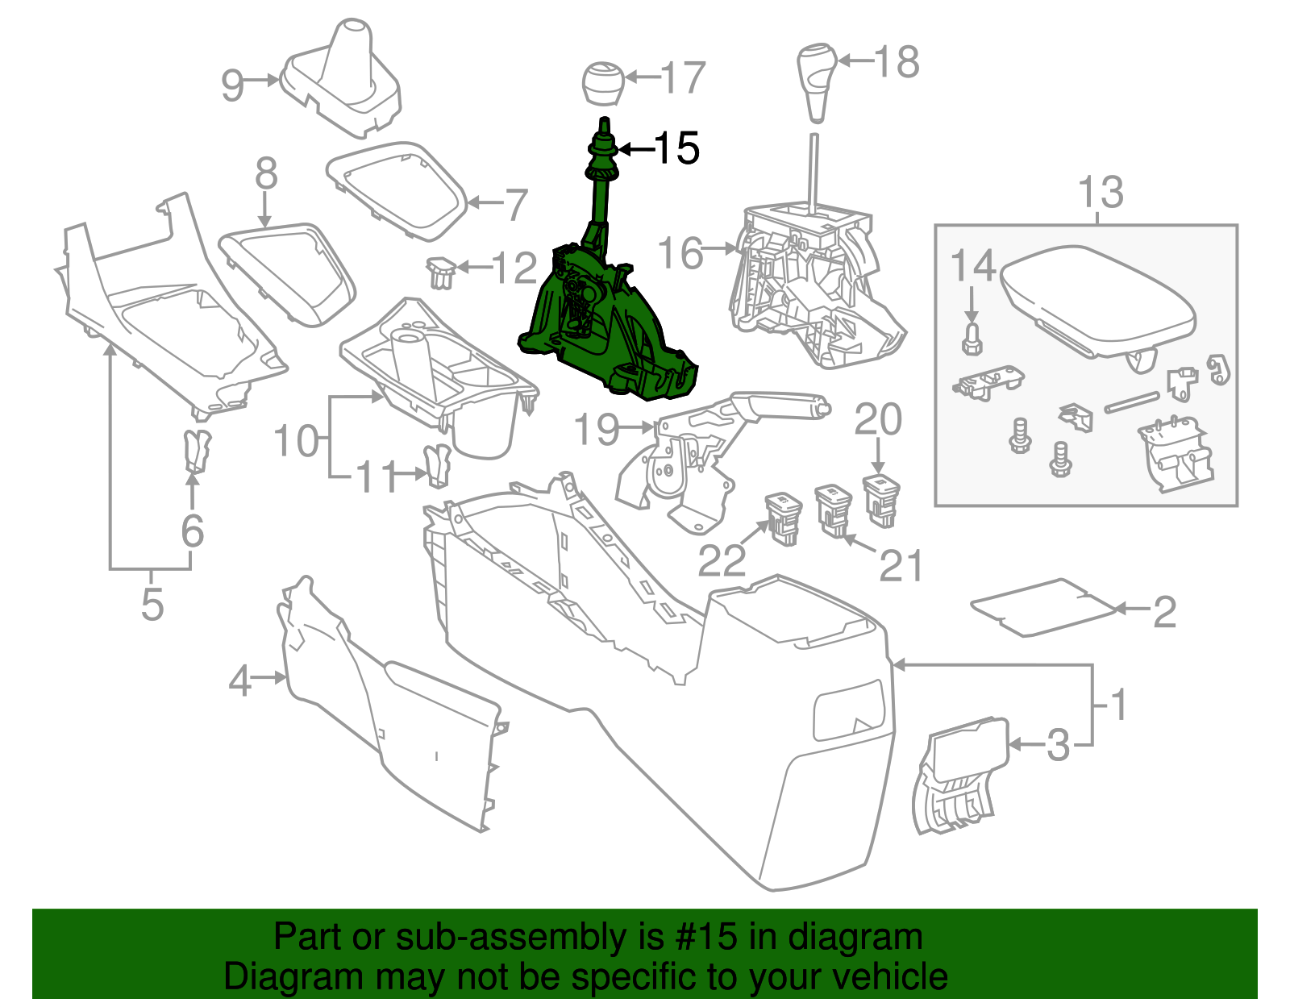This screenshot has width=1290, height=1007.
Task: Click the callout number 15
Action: pos(676,148)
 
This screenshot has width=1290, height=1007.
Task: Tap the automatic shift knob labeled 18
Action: pos(817,81)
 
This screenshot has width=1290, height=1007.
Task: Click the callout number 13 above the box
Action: pos(1101,193)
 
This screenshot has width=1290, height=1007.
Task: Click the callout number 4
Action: pos(240,682)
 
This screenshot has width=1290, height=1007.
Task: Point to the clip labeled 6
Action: pos(196,451)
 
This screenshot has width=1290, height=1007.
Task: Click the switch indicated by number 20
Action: pos(881,499)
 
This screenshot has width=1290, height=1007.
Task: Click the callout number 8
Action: pos(266,173)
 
